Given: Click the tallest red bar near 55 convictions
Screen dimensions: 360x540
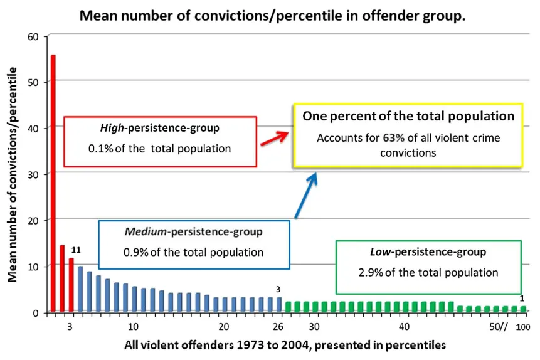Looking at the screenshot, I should click(53, 182).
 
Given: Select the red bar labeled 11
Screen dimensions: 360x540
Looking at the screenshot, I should click(71, 285).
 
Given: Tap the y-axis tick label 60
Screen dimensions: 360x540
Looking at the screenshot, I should click(34, 36).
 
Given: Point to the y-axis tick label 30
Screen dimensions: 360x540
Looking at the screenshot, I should click(34, 174).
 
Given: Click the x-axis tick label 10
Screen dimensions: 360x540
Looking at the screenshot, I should click(133, 326).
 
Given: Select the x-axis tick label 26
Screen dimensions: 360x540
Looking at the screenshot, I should click(278, 326).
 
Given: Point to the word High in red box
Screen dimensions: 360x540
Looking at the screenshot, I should click(112, 127).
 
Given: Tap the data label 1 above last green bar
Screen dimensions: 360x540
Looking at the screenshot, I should click(522, 298).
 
